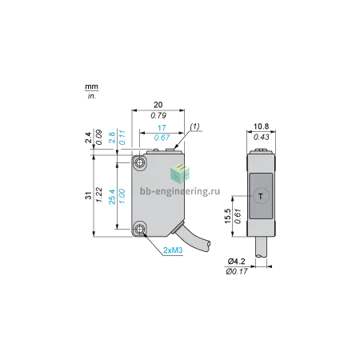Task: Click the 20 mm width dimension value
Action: point(158,105)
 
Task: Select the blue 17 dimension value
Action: point(162,128)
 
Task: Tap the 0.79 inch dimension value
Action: point(158,115)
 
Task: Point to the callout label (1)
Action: point(194,126)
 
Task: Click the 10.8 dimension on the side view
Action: point(261,126)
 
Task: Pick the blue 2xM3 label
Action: point(173,250)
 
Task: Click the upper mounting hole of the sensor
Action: point(139,162)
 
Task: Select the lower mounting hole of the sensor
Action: point(139,229)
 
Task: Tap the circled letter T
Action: point(261,197)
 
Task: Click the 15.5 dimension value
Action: point(227,216)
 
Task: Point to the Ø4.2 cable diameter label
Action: point(236,261)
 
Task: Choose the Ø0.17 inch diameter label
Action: point(237,272)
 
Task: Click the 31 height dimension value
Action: point(89,195)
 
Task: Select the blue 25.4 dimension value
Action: point(112,197)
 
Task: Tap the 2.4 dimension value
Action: point(89,138)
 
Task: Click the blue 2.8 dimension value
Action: point(112,138)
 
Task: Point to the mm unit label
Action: point(91,86)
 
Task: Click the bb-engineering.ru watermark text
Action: point(180,191)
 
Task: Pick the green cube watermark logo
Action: point(180,173)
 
